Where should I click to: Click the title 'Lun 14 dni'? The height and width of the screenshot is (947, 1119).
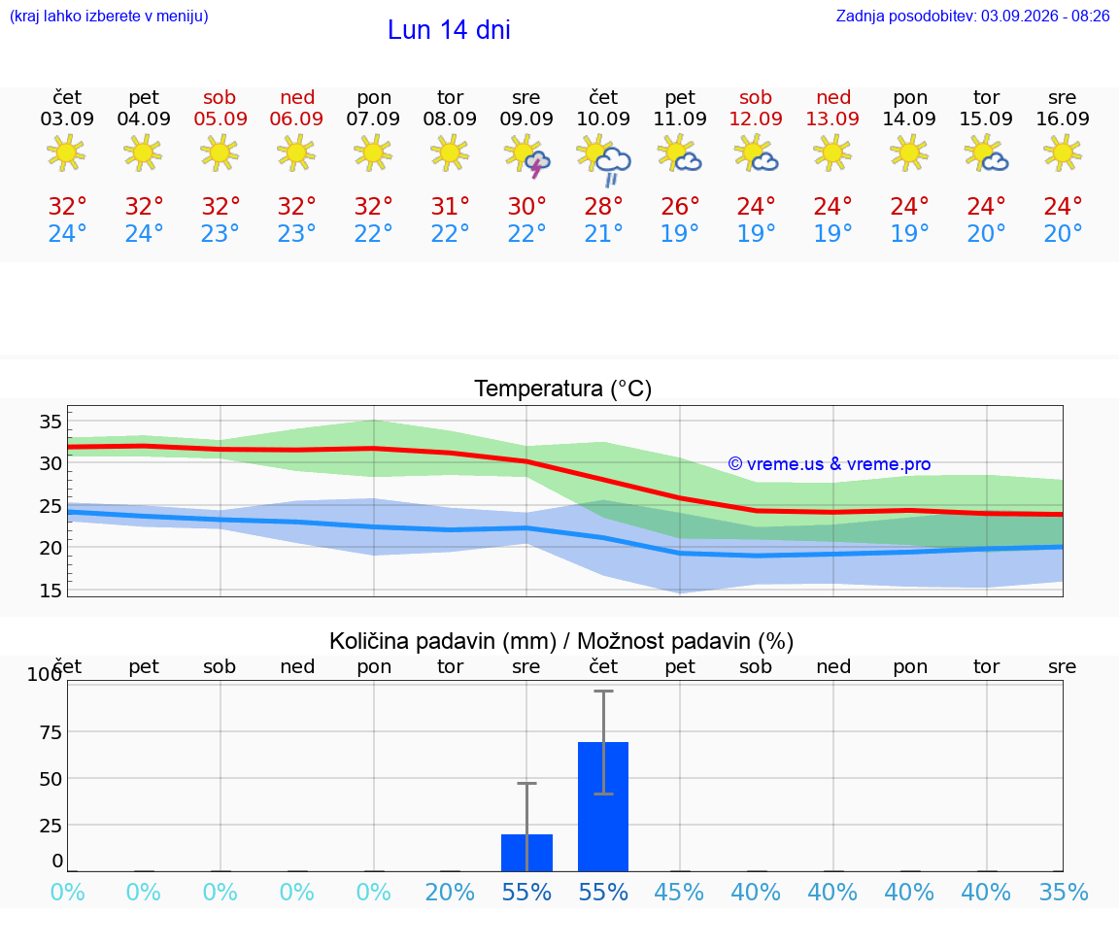[449, 30]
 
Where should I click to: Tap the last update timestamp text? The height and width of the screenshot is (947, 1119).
[972, 16]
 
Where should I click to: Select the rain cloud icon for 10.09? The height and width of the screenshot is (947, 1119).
[604, 158]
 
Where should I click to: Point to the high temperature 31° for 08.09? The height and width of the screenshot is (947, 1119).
[451, 206]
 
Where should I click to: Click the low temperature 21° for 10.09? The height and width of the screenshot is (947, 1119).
[604, 233]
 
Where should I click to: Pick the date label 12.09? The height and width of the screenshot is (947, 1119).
[756, 118]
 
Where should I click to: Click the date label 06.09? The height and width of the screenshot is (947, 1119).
[297, 118]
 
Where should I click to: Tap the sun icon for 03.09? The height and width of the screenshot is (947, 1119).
[66, 152]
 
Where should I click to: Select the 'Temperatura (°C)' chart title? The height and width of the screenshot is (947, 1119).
[563, 389]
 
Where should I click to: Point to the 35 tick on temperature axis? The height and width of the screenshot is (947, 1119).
[51, 422]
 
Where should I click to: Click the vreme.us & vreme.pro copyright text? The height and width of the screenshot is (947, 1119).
[830, 464]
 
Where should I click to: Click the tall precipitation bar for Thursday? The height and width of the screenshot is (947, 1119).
[603, 806]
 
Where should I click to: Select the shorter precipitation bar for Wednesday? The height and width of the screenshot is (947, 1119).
[526, 853]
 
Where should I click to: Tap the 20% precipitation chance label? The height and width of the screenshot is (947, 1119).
[451, 892]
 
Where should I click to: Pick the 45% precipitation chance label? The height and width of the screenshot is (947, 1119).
[679, 892]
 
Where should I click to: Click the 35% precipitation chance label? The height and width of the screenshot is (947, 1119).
[1064, 892]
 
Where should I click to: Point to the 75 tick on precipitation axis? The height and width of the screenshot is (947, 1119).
[51, 732]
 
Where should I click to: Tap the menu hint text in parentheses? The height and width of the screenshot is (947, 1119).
[109, 16]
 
